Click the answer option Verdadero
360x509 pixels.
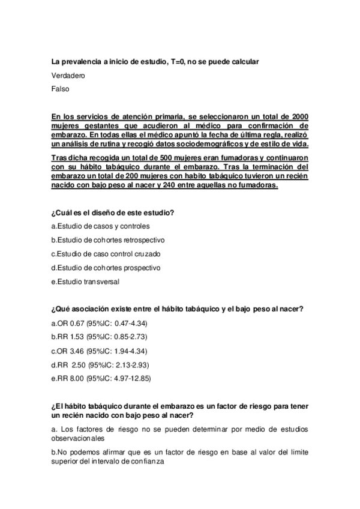[x=68, y=76]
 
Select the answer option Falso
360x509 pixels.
[x=61, y=89]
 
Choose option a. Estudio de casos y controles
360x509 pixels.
[x=101, y=226]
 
